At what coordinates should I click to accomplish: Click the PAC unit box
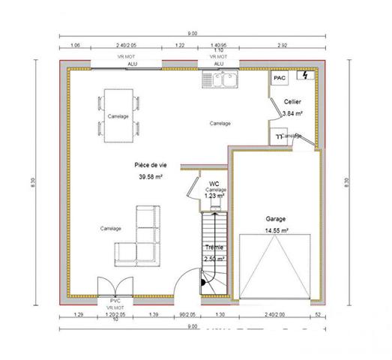point(279,78)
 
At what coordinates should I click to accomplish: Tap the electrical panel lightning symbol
point(304,76)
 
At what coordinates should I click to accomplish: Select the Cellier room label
point(292,100)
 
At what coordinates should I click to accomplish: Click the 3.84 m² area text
point(292,113)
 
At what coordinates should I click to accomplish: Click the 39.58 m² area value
point(150,177)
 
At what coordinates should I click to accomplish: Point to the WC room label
point(214,183)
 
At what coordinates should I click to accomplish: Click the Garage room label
point(275,220)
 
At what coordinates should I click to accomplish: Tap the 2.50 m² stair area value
point(214,259)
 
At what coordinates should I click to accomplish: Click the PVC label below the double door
point(115,301)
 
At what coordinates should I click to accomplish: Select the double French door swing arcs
point(115,286)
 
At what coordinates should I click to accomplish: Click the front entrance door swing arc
point(185,285)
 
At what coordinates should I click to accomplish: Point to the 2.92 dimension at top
point(283,46)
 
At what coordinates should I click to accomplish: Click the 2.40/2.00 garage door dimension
point(275,314)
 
